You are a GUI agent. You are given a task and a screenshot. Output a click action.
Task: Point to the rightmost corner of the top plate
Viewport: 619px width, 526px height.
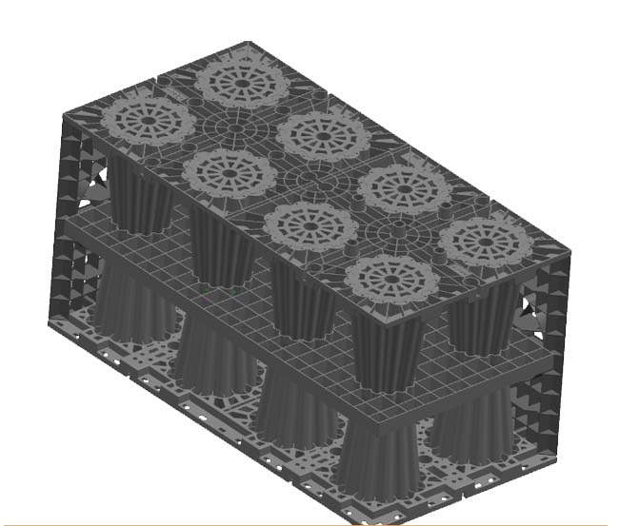click(571, 248)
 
